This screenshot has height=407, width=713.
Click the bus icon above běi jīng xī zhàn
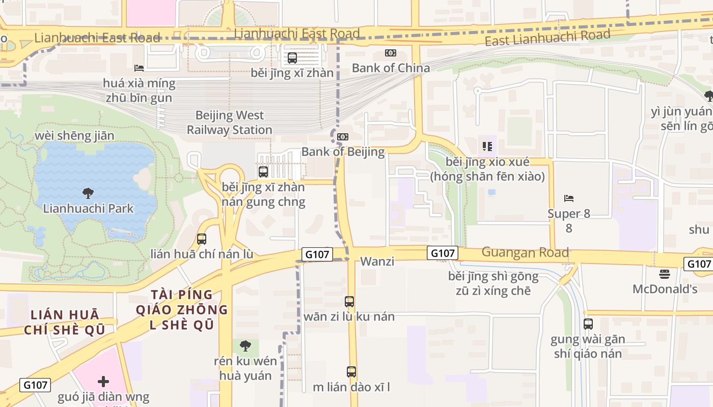coord(292,58)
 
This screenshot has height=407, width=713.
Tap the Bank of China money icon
coord(391,53)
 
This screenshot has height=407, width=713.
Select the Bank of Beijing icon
coord(343,136)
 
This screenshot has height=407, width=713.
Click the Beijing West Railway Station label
coord(229,123)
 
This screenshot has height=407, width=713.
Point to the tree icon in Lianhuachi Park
coord(88,193)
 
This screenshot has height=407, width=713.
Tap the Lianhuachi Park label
coord(88,209)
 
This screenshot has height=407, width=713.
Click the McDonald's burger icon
coord(664,274)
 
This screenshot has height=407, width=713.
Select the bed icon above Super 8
coord(569,198)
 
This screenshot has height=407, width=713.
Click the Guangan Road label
coord(525,252)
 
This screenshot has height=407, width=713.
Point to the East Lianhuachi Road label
coord(547,37)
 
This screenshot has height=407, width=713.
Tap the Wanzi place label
coord(377,261)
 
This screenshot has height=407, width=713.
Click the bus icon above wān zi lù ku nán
coord(349,302)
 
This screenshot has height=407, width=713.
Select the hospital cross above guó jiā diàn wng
coord(103,382)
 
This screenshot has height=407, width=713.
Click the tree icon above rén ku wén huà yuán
coord(245,346)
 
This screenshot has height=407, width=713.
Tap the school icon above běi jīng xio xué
coord(487,147)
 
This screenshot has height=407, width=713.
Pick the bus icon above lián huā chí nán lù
coord(202,239)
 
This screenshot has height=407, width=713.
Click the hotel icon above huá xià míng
coord(139,68)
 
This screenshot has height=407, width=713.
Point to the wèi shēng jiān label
coord(74,136)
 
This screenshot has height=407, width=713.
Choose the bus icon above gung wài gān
coord(588,324)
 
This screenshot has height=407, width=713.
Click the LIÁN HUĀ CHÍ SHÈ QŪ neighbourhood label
coord(65,322)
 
